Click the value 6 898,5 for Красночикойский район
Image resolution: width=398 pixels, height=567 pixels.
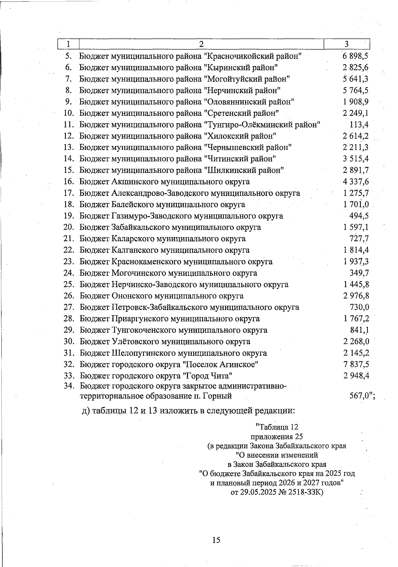click(356, 56)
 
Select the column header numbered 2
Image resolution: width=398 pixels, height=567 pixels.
click(201, 44)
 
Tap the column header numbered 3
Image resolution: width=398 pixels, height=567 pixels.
click(346, 44)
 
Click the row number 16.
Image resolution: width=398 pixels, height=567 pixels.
click(68, 182)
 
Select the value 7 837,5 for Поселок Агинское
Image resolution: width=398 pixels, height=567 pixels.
click(356, 364)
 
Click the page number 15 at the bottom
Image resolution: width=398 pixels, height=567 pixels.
click(216, 540)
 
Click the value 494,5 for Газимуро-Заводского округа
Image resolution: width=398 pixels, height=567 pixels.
click(359, 216)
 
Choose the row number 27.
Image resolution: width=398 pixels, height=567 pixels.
click(68, 307)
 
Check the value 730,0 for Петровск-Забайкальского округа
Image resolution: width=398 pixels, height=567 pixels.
click(360, 307)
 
